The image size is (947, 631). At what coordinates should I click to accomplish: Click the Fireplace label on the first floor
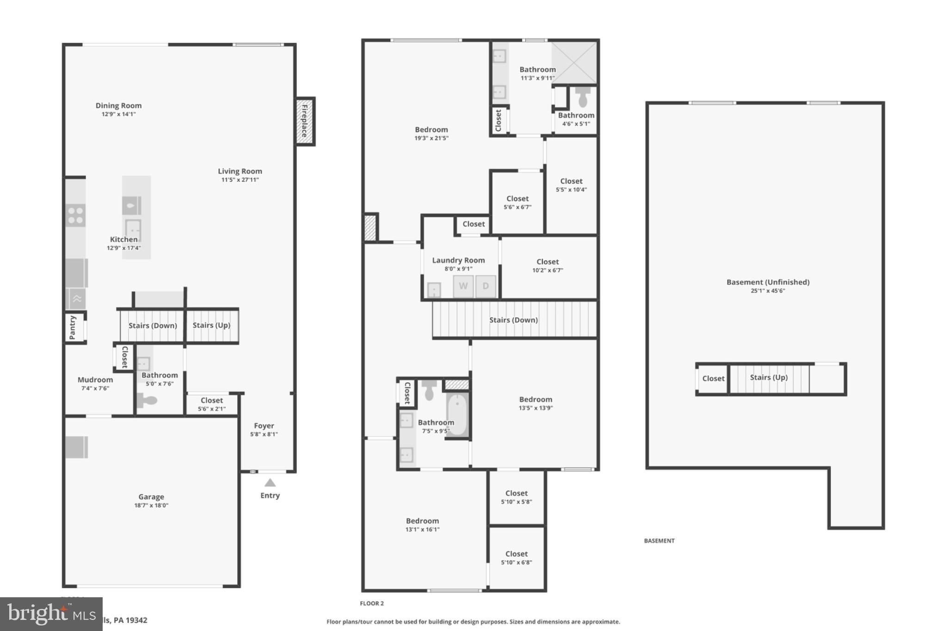[x=305, y=121]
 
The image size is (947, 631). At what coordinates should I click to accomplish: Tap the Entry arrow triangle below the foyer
[x=270, y=483]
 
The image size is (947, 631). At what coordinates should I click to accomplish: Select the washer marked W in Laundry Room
[x=463, y=286]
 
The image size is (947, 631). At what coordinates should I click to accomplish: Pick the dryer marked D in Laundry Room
[x=486, y=286]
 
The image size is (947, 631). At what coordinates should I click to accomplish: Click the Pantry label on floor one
[x=73, y=327]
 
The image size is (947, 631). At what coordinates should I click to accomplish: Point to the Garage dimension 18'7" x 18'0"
[x=151, y=505]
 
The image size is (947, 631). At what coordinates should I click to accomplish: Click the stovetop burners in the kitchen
[x=75, y=215]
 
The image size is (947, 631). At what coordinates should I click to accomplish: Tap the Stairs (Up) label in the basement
[x=769, y=377]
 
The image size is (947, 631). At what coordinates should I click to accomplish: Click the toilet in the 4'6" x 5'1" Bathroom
[x=583, y=98]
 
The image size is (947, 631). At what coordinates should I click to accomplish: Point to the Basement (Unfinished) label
[x=768, y=282]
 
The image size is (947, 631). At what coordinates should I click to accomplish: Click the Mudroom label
[x=95, y=380]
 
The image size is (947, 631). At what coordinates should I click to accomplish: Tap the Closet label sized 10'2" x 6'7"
[x=547, y=262]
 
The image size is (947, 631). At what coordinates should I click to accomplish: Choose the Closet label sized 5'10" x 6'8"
[x=516, y=554]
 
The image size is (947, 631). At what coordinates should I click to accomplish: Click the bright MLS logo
[x=51, y=614]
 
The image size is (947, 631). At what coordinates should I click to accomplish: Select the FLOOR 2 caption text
[x=372, y=603]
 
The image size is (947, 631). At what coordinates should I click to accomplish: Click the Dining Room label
[x=118, y=105]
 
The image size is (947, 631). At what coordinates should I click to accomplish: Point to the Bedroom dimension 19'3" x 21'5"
[x=431, y=138]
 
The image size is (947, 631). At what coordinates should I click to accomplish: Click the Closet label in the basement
[x=713, y=379]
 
